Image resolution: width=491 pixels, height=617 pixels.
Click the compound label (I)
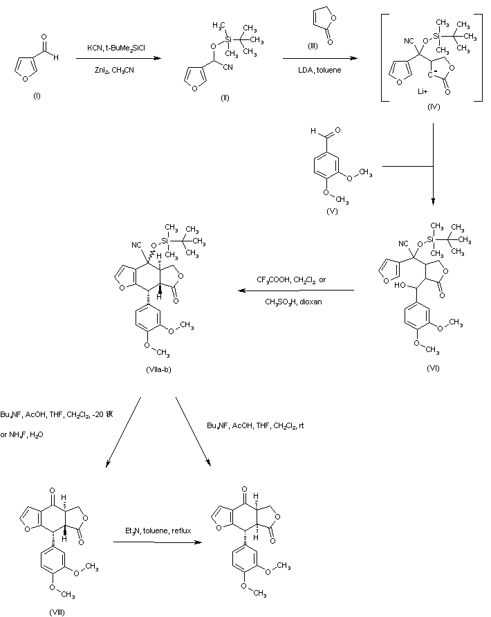(x=36, y=95)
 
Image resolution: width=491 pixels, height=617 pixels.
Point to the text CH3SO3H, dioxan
(x=296, y=302)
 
